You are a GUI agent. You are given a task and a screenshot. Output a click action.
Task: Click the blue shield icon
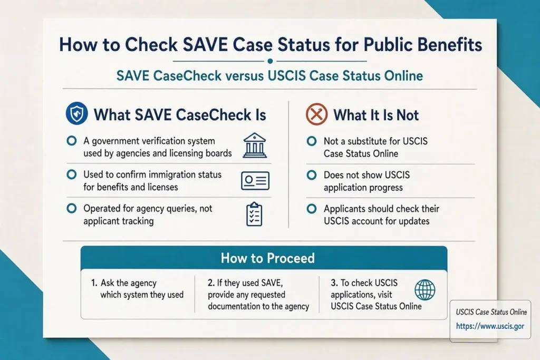coord(76,113)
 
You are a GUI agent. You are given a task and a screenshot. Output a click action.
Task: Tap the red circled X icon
coord(316,114)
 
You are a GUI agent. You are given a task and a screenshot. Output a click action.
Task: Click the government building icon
coord(255,145)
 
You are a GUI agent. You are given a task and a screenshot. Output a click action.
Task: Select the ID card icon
coord(255,181)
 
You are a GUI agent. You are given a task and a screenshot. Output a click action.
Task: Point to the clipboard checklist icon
coord(254,214)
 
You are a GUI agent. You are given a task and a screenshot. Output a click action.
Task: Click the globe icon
coord(425,290)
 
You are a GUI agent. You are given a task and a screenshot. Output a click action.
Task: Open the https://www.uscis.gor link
coord(490,326)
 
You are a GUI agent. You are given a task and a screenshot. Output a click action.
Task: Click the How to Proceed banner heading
coord(267,258)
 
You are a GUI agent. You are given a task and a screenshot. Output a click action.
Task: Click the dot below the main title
coord(270,61)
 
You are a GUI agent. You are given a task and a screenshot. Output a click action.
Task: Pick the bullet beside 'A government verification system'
coord(72,141)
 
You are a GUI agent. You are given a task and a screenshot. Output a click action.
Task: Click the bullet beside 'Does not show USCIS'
coord(312,175)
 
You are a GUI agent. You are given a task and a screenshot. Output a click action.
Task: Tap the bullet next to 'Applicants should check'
coord(312,209)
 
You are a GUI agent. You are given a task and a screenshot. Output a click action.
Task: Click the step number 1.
coord(94,283)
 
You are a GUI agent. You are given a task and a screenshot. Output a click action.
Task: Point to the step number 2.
coord(211,283)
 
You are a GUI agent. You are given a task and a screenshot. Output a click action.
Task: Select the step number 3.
coord(334,283)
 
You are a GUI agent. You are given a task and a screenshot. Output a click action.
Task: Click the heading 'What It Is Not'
coord(376,115)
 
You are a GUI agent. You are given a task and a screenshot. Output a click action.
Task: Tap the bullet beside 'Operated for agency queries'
coord(72,208)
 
